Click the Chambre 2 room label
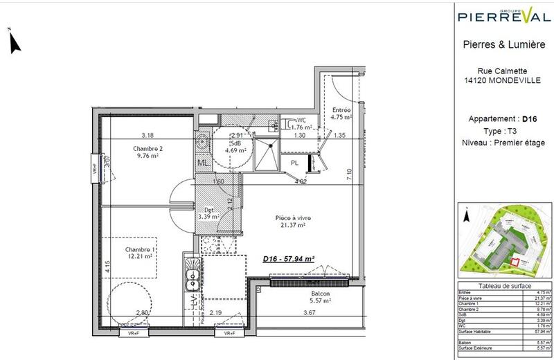click(147, 148)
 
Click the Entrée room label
click(341, 110)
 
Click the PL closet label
click(294, 163)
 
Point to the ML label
click(204, 163)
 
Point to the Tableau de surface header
click(504, 287)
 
